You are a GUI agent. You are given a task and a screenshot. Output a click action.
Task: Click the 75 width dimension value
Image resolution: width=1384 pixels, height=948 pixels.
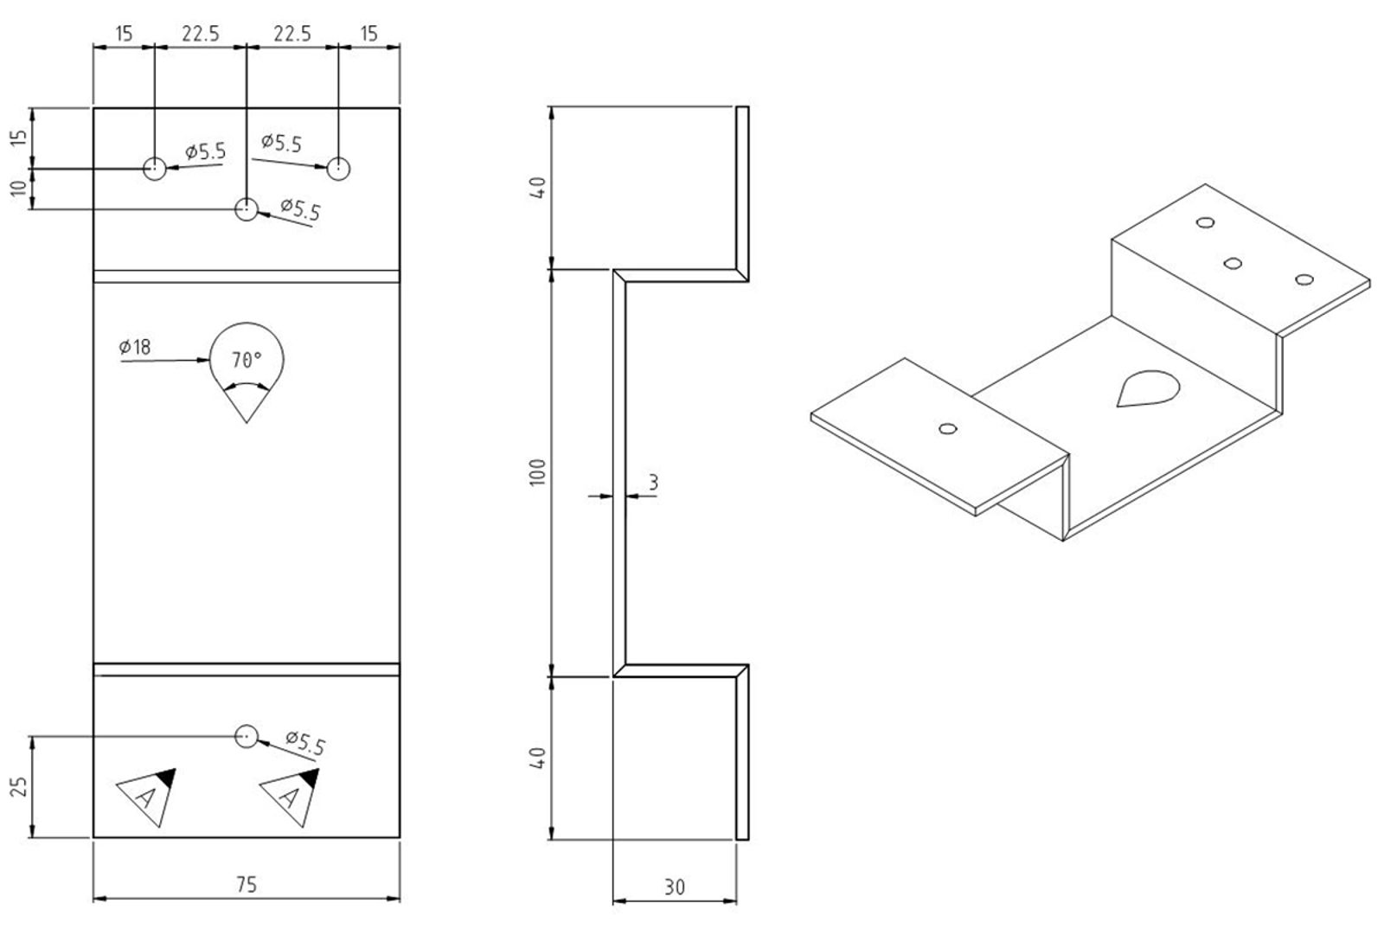click(246, 884)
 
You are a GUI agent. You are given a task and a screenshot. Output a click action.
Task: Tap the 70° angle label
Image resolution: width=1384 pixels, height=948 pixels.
click(247, 359)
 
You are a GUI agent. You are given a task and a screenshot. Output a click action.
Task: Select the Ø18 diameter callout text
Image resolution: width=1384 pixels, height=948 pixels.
click(135, 347)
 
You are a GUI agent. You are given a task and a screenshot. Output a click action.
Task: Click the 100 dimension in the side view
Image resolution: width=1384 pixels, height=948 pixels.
click(538, 472)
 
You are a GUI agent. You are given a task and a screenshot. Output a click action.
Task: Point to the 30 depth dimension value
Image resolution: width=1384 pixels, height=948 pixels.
click(674, 887)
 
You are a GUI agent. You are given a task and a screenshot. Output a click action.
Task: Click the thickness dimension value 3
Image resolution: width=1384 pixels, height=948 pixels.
click(653, 482)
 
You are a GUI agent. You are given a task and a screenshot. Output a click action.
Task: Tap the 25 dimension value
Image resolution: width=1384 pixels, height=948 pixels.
click(20, 786)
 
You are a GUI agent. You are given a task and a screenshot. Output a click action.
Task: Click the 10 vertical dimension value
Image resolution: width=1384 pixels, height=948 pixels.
click(20, 188)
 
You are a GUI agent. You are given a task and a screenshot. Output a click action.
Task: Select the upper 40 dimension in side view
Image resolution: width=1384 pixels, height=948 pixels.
click(538, 187)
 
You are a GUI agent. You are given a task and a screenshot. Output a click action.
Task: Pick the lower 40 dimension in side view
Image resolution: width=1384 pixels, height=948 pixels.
click(538, 758)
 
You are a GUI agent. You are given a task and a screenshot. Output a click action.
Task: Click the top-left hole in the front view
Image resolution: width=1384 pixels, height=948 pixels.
click(155, 168)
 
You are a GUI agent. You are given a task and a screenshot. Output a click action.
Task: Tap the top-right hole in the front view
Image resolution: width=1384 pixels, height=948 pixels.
click(338, 168)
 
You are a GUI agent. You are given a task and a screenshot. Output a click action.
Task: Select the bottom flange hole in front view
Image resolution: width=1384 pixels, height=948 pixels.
click(247, 736)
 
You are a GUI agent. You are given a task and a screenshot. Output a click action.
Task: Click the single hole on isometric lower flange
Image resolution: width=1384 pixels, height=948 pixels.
click(948, 428)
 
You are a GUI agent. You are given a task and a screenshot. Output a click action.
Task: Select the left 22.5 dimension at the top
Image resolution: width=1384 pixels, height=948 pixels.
click(200, 34)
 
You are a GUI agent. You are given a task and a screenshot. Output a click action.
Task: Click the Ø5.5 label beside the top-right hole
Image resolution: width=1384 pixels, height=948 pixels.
click(282, 143)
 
